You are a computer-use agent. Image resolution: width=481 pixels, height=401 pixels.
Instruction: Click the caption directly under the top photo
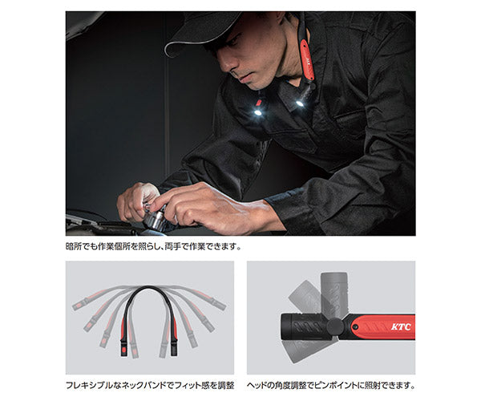153,246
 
